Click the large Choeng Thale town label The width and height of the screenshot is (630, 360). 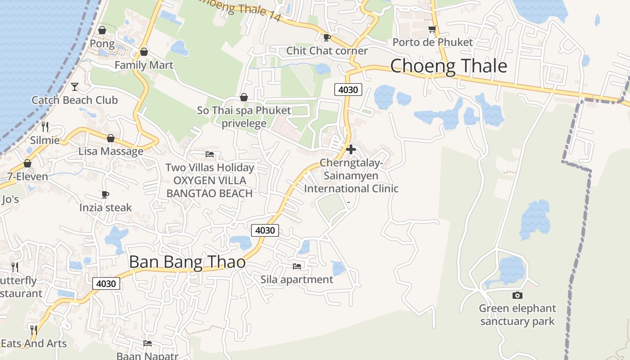pos(449,66)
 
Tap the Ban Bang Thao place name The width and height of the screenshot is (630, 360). pos(187,262)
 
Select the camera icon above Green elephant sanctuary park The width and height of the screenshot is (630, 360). pos(517,295)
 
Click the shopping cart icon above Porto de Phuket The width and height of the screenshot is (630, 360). pos(432,29)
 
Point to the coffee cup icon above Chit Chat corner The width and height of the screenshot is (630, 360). pos(327,37)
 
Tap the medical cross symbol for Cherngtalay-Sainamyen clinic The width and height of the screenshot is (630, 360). pos(351,149)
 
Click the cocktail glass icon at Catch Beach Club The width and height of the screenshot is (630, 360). pos(75,86)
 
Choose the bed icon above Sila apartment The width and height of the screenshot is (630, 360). pos(297,266)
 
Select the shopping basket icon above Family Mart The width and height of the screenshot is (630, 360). pos(144,52)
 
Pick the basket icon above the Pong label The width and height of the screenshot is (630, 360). pos(102,30)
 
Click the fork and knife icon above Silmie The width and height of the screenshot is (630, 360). pos(45,126)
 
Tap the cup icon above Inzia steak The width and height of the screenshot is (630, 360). pos(105,194)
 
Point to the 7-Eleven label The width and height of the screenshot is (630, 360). pos(27,176)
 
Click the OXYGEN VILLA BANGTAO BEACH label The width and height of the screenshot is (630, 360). pos(210,187)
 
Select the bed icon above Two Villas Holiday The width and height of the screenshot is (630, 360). pos(210,154)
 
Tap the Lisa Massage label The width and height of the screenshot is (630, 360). pos(111,151)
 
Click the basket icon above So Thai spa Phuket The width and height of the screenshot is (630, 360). pos(244,97)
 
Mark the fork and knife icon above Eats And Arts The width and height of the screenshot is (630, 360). pos(33,330)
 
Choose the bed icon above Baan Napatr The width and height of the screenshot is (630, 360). pos(147,343)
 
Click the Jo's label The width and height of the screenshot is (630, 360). pos(11,199)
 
